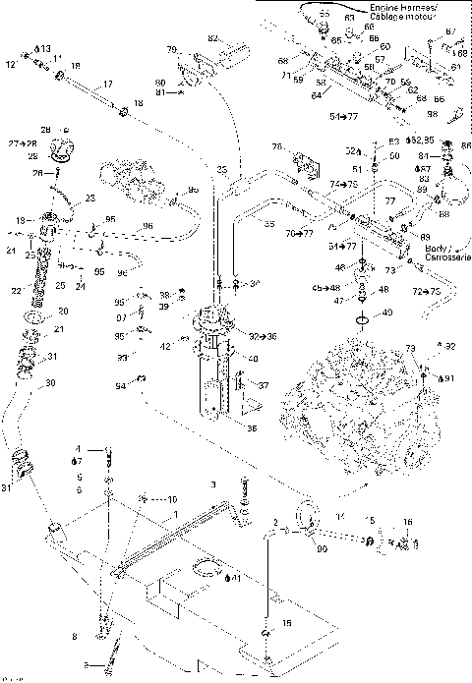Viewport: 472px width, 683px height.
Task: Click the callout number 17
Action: point(107,83)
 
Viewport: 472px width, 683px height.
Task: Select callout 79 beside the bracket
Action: point(171,49)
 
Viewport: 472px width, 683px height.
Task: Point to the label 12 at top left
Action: point(11,65)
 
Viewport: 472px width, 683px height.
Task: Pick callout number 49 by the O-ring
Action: point(385,313)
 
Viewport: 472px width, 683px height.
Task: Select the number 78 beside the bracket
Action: point(276,146)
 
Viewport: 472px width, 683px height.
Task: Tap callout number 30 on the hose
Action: point(50,382)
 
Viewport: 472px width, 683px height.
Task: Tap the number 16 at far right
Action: point(407,521)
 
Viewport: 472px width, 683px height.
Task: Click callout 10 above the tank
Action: point(171,499)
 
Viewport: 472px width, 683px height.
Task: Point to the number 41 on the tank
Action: point(234,577)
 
